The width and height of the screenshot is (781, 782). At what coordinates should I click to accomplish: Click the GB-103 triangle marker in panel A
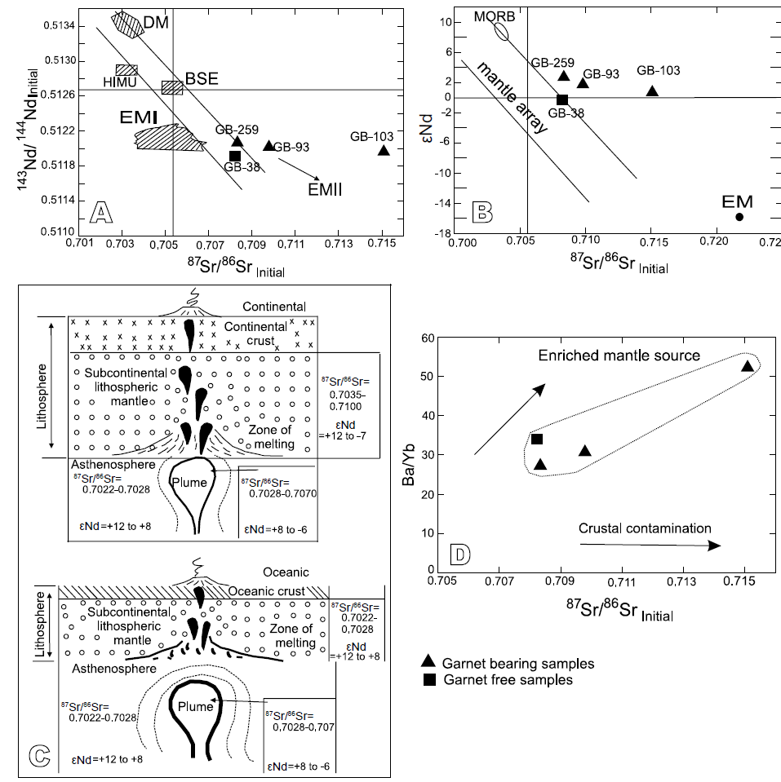point(384,150)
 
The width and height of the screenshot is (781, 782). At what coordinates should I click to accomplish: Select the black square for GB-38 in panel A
point(235,156)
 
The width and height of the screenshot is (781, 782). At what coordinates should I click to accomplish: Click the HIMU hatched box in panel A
point(126,70)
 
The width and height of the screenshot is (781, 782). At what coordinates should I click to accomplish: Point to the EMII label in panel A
point(325,188)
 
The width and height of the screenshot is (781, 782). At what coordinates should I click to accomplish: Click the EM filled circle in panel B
point(739,216)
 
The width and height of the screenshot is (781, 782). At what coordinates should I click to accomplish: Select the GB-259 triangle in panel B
point(563,76)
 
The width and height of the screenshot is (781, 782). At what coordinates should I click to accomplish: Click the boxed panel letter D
point(462,556)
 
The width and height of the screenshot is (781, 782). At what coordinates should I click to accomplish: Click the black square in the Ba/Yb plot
point(537,440)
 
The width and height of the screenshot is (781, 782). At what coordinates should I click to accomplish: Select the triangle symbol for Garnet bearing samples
point(428,662)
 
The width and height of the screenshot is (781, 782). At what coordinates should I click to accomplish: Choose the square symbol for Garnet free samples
point(428,679)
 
